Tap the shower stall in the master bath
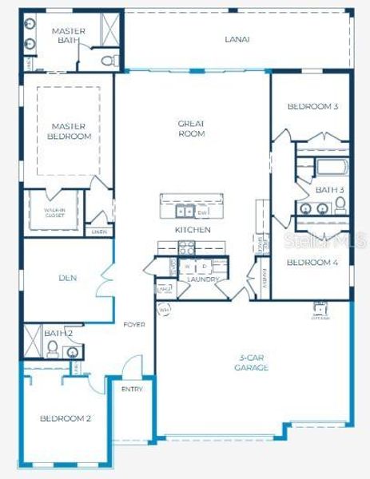point(109,29)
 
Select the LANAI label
point(237,38)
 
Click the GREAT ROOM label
point(192,129)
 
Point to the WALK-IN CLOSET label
point(54,212)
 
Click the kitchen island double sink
point(183,212)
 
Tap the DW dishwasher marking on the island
point(203,212)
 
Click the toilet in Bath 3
point(340,206)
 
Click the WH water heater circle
point(165,309)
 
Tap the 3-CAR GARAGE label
point(252,362)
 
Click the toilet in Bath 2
point(52,348)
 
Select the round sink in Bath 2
point(72,351)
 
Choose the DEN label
point(67,278)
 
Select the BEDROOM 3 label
point(308,106)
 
